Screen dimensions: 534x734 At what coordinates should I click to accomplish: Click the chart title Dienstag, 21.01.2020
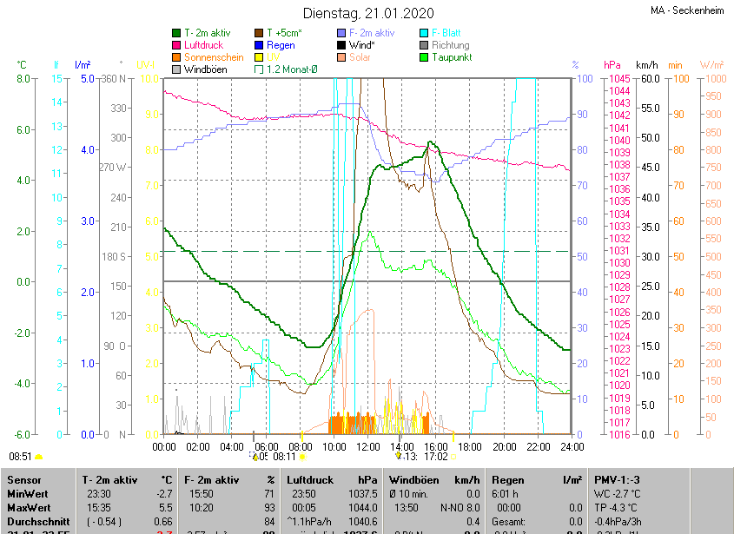367,13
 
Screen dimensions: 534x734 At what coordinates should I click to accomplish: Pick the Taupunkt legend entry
452,56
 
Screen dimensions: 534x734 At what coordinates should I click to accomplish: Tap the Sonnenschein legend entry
213,56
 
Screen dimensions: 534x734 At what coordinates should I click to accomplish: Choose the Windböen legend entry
204,69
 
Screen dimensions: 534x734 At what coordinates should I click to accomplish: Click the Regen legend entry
281,44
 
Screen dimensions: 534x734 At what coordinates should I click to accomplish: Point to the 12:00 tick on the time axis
368,446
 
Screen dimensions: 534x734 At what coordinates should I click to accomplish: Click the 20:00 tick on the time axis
504,446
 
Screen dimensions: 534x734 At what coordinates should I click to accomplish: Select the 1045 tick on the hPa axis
619,79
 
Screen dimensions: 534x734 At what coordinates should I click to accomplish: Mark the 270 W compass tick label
114,168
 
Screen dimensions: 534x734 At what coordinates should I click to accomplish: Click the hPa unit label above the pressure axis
612,65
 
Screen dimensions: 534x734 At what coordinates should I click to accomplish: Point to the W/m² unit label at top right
711,65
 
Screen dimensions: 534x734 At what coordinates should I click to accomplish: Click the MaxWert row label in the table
28,507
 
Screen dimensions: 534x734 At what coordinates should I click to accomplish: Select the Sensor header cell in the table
23,479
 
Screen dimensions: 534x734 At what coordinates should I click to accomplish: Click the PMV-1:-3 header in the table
618,479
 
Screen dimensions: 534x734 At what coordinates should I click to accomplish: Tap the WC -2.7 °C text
618,493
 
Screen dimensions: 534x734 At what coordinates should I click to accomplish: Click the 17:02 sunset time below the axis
436,456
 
